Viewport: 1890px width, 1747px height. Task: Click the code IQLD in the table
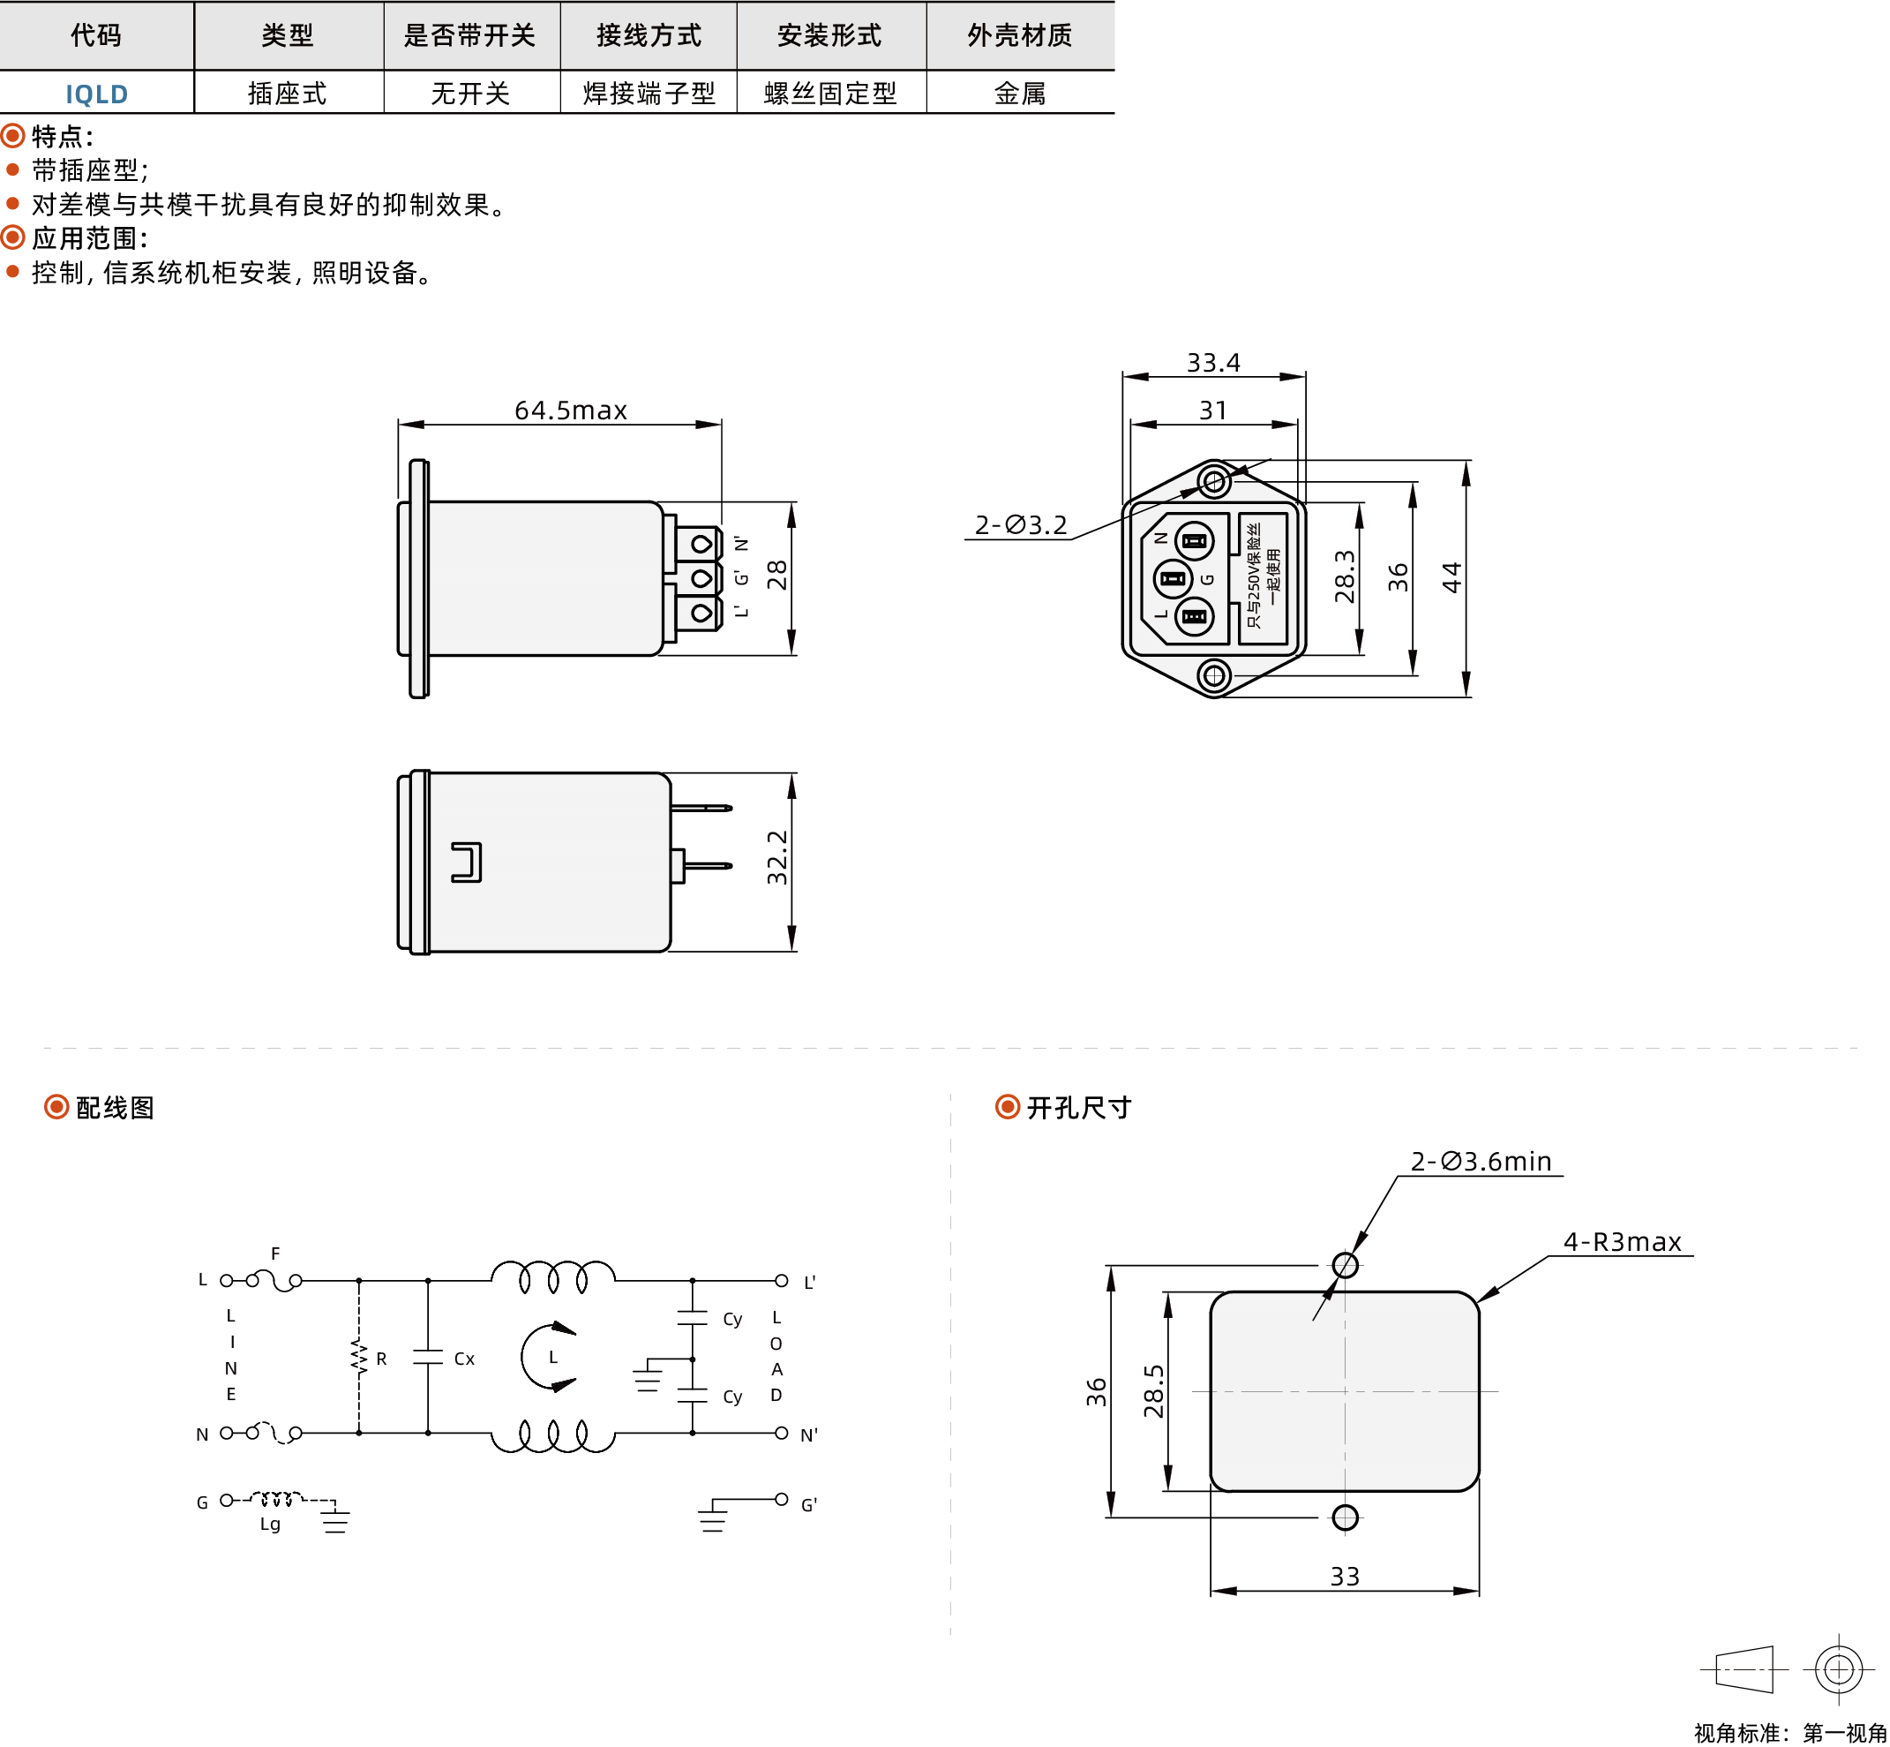(x=96, y=94)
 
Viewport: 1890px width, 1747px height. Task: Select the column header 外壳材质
(x=1020, y=36)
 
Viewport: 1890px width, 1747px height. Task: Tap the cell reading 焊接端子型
(x=649, y=94)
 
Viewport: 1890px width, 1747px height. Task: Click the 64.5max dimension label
(x=570, y=410)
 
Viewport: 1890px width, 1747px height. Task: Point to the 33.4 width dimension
(x=1213, y=362)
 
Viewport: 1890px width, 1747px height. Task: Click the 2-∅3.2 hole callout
(x=1021, y=524)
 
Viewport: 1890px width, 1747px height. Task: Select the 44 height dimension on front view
(x=1451, y=576)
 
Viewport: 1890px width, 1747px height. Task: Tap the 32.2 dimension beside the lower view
(x=776, y=857)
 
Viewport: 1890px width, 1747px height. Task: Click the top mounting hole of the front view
(x=1214, y=482)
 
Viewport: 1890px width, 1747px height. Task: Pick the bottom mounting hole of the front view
(x=1214, y=676)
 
